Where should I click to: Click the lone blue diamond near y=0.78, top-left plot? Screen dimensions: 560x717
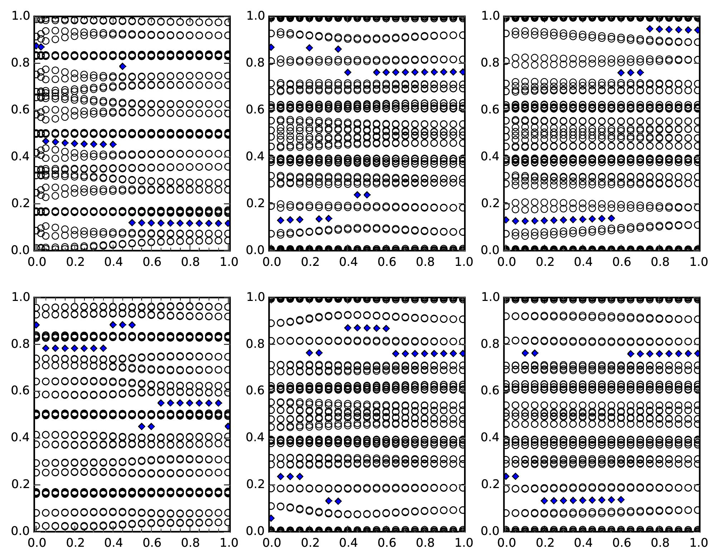(x=123, y=66)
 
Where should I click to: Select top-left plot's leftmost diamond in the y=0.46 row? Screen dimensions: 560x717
(x=46, y=141)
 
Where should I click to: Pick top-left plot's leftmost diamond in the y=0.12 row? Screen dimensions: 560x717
(x=132, y=223)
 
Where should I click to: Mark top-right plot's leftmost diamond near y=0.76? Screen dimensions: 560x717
(x=621, y=73)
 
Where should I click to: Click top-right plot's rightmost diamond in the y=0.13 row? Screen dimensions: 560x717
(x=611, y=218)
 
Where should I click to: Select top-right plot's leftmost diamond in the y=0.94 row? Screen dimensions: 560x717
(x=650, y=29)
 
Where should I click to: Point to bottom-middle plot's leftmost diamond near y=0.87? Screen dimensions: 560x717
(x=348, y=328)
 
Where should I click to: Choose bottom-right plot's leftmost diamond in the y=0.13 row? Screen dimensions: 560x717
(x=544, y=501)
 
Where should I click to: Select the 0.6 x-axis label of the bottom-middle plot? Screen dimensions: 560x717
(x=386, y=542)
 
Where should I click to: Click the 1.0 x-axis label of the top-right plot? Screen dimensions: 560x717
(x=698, y=262)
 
